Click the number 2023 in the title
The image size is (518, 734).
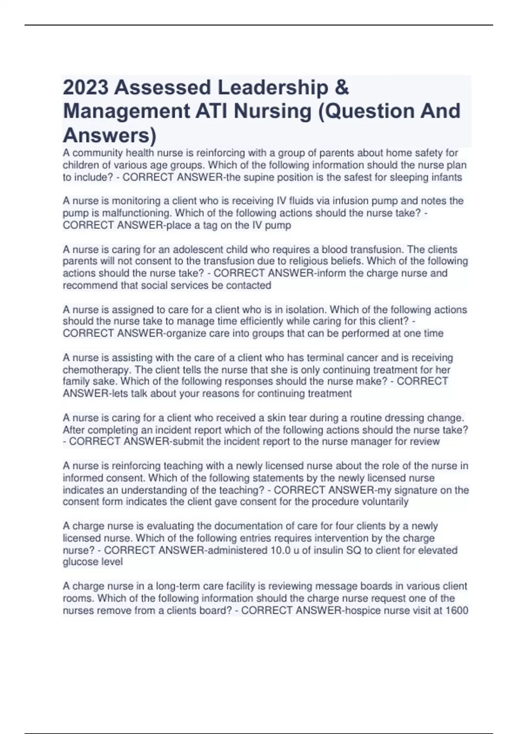85,88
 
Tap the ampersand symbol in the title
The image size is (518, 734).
341,88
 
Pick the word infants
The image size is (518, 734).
445,177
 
